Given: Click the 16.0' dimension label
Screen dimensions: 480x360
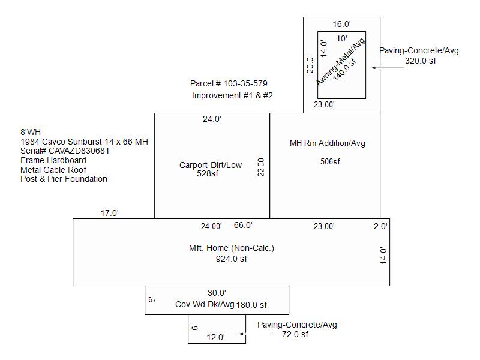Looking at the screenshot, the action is (x=341, y=24).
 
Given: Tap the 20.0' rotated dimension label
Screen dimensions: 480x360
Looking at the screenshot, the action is (x=310, y=65).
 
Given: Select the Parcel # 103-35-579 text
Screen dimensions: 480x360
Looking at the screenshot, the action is (x=229, y=83).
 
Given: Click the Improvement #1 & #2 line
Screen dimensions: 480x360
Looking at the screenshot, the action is (x=232, y=95).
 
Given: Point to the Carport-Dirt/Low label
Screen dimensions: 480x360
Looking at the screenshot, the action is (x=211, y=165).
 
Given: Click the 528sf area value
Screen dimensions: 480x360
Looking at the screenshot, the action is (x=208, y=173).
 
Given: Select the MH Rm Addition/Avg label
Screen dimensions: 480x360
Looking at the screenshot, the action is (x=328, y=143).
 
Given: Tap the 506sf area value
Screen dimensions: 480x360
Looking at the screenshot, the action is (x=330, y=161).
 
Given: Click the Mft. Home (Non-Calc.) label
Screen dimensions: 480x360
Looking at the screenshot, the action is (x=232, y=248).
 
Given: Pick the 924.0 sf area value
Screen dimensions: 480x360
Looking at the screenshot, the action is (x=232, y=259).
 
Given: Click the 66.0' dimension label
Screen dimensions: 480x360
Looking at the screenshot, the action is (x=243, y=226).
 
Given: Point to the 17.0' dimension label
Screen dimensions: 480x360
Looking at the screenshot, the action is (x=110, y=213).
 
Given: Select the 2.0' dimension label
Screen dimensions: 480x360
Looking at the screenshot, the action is (x=380, y=226).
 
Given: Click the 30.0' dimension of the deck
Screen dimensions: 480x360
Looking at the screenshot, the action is (x=217, y=293).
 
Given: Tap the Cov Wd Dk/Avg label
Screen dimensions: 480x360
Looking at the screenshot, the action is (x=205, y=305).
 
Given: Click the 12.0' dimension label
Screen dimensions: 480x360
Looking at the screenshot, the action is (x=215, y=337).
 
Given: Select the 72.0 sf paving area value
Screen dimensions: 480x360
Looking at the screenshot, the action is (x=295, y=334).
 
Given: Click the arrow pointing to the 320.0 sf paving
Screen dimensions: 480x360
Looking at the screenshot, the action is (x=388, y=68).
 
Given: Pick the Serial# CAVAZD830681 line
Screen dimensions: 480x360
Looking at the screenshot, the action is (x=65, y=151).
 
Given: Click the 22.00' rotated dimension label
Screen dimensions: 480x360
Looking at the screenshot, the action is (x=261, y=167).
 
